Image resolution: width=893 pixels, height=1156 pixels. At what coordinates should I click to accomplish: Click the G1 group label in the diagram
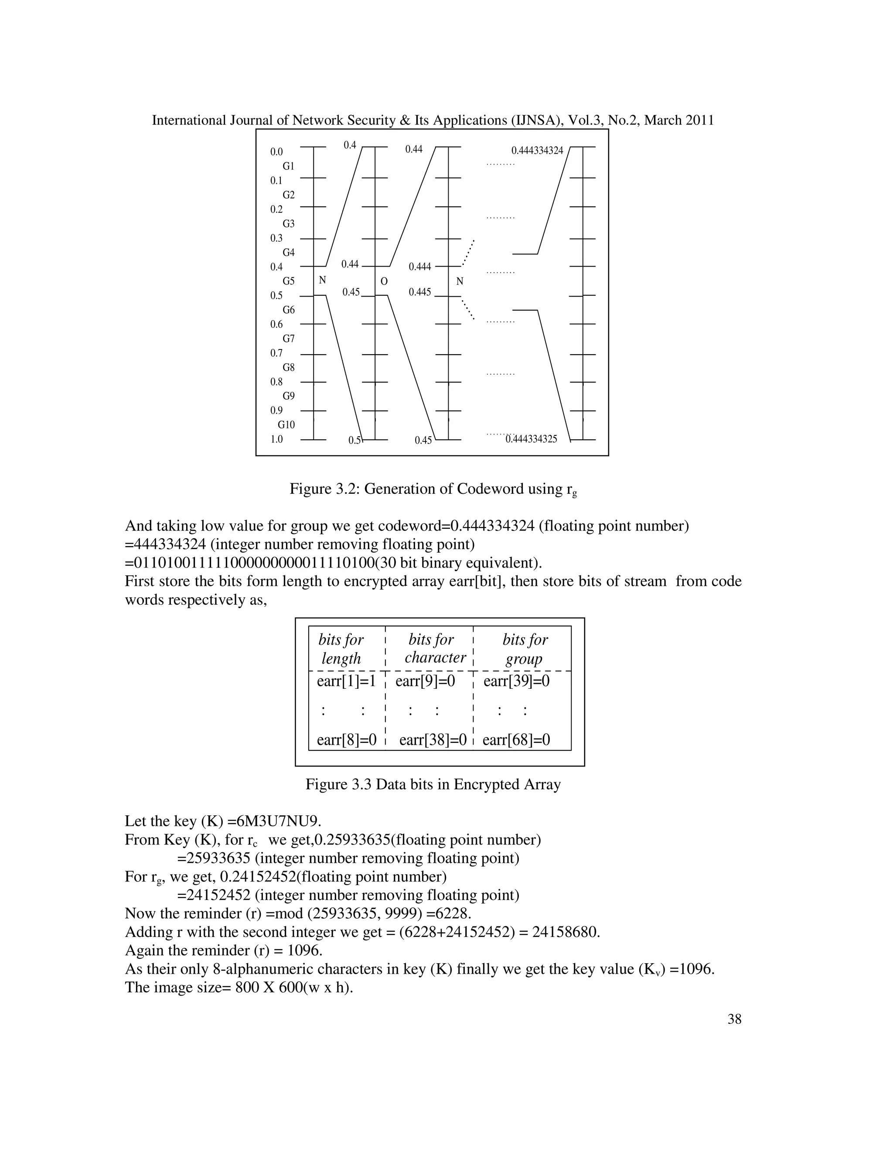click(x=288, y=166)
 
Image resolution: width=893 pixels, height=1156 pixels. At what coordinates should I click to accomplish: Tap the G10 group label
click(x=286, y=425)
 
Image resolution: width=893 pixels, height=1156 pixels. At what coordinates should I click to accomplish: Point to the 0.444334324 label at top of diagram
click(x=537, y=151)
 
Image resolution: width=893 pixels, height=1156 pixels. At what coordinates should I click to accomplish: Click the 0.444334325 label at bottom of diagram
click(x=531, y=439)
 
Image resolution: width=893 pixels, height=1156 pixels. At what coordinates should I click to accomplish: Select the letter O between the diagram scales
click(x=384, y=282)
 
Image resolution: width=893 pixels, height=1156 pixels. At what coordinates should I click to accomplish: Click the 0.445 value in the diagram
click(x=420, y=292)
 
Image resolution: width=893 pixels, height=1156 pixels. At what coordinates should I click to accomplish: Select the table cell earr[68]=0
click(x=516, y=739)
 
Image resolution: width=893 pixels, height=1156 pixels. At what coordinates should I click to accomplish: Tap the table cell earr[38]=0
click(x=433, y=739)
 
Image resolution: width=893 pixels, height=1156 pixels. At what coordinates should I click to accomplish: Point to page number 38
click(x=734, y=1019)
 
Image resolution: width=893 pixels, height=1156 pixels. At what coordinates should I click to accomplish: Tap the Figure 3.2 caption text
click(x=433, y=489)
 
